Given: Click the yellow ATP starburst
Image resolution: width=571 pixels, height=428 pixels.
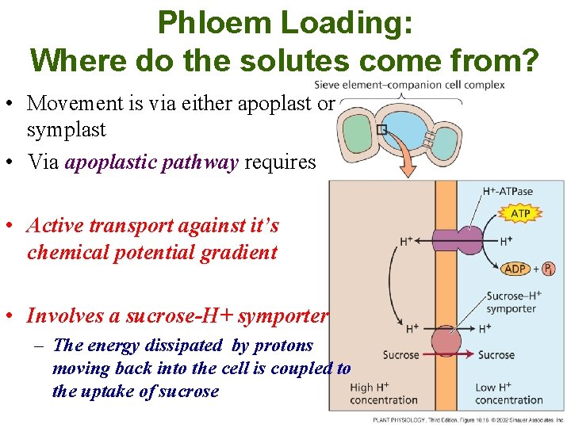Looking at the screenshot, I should tap(520, 214).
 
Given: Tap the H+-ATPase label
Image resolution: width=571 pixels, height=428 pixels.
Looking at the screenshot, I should tap(508, 191).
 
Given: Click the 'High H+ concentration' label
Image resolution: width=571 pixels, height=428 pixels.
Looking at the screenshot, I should tap(383, 393).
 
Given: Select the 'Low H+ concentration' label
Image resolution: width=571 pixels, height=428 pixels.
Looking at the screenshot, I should tap(509, 393).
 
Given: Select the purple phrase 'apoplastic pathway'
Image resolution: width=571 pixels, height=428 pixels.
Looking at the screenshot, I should tap(151, 163).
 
